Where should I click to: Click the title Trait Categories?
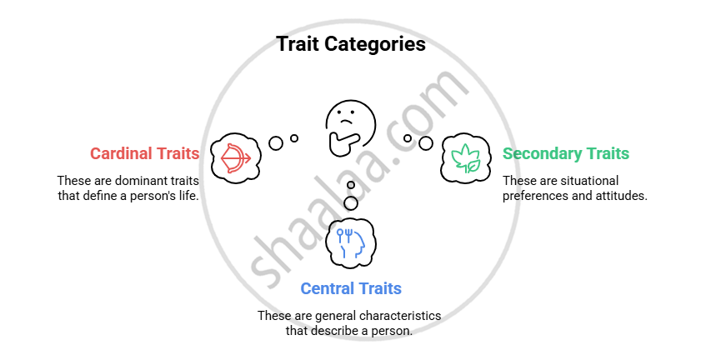351,44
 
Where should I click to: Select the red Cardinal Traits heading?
144,153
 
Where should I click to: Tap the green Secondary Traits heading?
565,153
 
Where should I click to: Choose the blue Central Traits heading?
351,288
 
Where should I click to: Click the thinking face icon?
348,127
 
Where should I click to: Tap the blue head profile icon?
351,241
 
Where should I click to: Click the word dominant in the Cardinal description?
133,180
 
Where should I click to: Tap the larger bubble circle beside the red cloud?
276,142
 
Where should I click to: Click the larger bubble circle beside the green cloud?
426,142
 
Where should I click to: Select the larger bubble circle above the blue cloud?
351,202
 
